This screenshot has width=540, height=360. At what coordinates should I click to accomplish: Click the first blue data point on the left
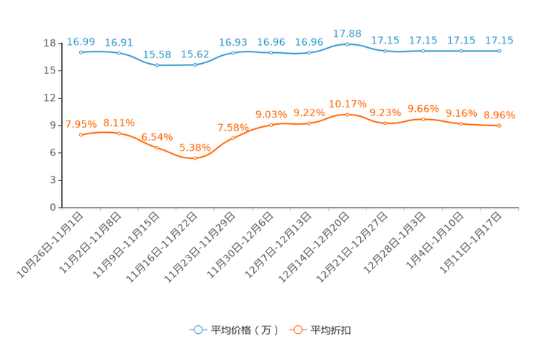(x=81, y=52)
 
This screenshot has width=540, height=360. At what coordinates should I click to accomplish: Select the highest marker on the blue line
(x=347, y=44)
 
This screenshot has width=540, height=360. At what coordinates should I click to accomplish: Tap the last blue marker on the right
(x=499, y=51)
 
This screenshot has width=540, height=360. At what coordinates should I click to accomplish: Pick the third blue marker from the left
(x=157, y=65)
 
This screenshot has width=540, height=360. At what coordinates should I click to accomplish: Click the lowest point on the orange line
(x=195, y=157)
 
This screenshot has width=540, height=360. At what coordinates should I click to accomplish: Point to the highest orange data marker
(x=347, y=115)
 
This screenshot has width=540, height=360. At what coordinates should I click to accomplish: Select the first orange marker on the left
(x=81, y=135)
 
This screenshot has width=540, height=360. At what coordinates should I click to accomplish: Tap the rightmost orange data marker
(x=499, y=126)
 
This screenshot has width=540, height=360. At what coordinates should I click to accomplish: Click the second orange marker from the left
(x=118, y=133)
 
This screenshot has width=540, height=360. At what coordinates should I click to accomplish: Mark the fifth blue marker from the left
(x=233, y=53)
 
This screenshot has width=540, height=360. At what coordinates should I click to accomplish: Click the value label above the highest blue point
(x=347, y=33)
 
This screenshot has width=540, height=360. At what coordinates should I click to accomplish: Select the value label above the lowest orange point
(x=195, y=147)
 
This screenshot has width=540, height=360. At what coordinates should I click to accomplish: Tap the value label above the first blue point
(x=81, y=41)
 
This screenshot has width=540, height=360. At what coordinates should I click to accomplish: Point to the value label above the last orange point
(x=499, y=115)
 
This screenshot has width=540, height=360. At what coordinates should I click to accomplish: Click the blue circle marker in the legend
(x=197, y=330)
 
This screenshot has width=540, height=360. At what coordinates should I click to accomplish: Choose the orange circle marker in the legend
(x=296, y=330)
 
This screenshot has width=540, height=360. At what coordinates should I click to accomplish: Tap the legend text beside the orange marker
(x=332, y=330)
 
